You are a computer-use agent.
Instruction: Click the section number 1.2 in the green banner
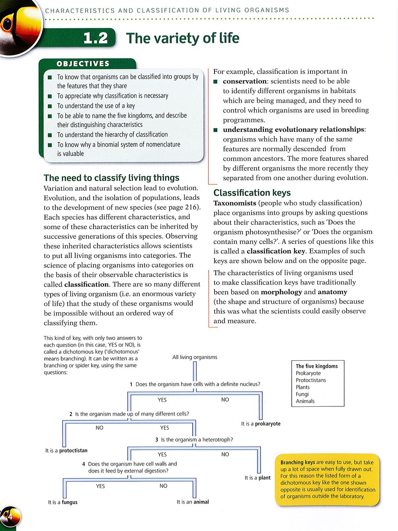(96, 38)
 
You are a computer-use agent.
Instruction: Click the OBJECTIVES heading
(83, 64)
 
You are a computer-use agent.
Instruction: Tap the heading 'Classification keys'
(252, 193)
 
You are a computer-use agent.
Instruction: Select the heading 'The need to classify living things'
(111, 178)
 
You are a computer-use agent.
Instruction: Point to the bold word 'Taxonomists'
(235, 203)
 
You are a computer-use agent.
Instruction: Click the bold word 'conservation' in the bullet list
(245, 81)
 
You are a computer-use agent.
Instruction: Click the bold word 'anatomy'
(332, 292)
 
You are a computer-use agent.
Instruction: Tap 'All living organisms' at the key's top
(195, 357)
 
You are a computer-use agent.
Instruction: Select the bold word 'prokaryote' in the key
(267, 424)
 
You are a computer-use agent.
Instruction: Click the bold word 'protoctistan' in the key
(73, 451)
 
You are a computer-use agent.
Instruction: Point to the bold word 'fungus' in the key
(70, 502)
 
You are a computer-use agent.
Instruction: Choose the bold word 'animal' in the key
(201, 502)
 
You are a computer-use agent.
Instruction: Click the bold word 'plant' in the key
(264, 478)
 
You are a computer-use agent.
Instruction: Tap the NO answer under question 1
(225, 400)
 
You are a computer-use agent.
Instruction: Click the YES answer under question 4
(100, 486)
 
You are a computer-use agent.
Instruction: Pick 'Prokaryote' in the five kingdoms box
(308, 373)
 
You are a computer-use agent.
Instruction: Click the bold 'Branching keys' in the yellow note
(297, 463)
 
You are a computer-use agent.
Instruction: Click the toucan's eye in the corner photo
(7, 25)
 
